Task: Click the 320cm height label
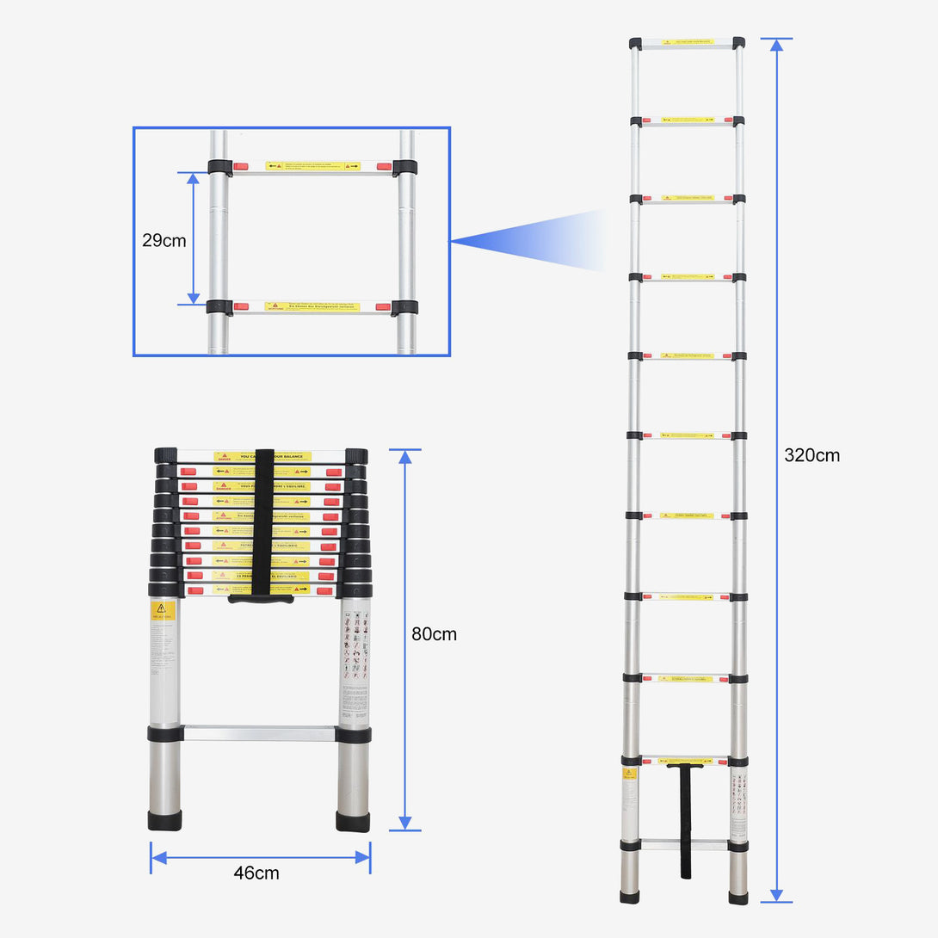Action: [x=811, y=455]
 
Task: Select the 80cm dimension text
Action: [x=434, y=634]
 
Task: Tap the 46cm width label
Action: [x=256, y=873]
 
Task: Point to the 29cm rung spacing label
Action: [x=164, y=240]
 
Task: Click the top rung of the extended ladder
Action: [x=687, y=42]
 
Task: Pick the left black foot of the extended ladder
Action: [x=630, y=897]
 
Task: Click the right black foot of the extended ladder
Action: [x=738, y=897]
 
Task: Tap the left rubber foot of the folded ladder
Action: [x=164, y=820]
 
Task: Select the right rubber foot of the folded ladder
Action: [x=353, y=821]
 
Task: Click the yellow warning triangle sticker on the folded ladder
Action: [x=163, y=610]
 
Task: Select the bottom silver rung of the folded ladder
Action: [x=259, y=734]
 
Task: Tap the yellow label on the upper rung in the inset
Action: [x=312, y=165]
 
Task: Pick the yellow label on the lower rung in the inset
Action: [x=312, y=306]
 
